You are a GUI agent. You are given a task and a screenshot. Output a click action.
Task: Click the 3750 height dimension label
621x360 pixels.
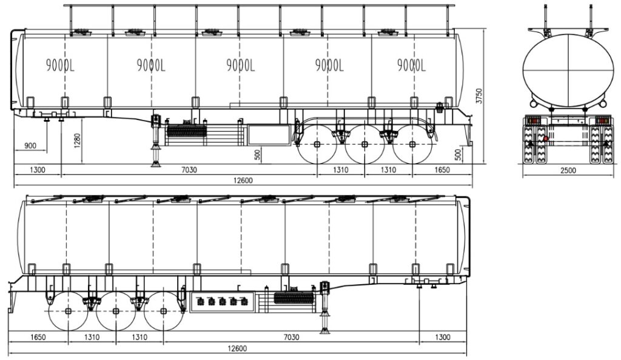coord(479,96)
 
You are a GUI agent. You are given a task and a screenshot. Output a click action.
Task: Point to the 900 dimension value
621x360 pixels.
coord(30,145)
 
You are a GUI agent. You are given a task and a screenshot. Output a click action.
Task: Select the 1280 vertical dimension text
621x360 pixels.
coord(77,141)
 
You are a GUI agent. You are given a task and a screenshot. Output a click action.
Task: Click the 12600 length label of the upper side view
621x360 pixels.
coord(243,181)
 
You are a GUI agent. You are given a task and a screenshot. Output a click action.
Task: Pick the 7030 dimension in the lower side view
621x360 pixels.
coord(291,337)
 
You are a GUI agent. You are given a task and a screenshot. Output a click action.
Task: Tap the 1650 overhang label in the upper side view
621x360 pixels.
coord(442,170)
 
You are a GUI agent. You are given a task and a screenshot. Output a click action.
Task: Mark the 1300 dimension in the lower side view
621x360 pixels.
coord(442,337)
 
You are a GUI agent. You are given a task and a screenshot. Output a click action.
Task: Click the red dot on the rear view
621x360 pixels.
coord(546,138)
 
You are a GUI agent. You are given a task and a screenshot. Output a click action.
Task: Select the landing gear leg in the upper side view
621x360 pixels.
coord(155,141)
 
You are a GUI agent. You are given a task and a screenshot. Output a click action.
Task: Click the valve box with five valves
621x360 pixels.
coord(222,302)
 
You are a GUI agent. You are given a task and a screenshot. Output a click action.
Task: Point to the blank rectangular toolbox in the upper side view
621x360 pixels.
coord(269,135)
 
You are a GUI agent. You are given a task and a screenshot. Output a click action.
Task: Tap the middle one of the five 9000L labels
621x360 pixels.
coord(240,65)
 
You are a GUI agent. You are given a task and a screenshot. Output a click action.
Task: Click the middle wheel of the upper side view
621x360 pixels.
coord(364,144)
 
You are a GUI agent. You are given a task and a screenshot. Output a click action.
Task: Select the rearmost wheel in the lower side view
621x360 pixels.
coord(68,312)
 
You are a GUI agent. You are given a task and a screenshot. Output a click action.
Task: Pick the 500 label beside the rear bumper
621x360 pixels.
coord(458,154)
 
